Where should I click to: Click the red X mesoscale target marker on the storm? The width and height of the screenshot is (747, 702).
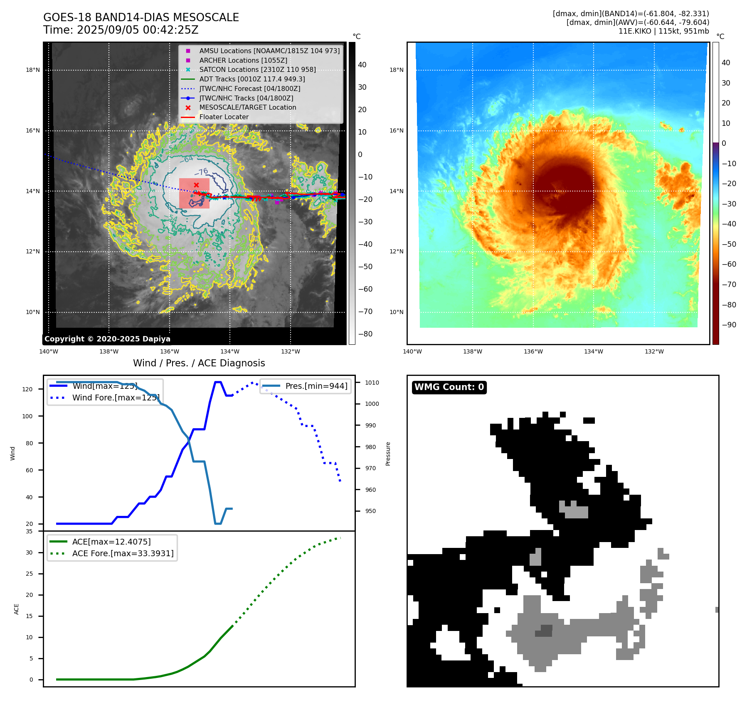(196, 185)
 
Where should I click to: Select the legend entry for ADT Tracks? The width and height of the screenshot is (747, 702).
(252, 79)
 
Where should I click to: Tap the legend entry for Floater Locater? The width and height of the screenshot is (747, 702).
(224, 117)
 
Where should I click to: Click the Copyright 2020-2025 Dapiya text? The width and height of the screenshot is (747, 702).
(107, 339)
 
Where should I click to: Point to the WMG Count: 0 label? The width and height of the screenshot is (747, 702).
(449, 387)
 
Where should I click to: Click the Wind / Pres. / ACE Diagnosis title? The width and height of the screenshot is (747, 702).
(199, 363)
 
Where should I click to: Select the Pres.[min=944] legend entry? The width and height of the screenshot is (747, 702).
(316, 386)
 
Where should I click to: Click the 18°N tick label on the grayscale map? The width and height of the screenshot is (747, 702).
(33, 70)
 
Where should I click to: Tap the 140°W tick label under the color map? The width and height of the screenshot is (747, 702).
(412, 351)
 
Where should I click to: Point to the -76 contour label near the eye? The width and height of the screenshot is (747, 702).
(202, 172)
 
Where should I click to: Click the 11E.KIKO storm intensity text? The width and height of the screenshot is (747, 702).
(663, 31)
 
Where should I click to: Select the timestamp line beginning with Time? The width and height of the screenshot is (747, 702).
(121, 30)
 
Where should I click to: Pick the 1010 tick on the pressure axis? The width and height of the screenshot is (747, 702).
(372, 383)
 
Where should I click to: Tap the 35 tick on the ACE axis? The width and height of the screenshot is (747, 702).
(29, 531)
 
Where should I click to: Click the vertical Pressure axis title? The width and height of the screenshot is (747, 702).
(388, 454)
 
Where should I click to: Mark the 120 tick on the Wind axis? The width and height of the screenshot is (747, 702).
(27, 389)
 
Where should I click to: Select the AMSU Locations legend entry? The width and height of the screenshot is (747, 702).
(269, 51)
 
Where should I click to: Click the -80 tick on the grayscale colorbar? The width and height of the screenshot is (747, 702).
(365, 334)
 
